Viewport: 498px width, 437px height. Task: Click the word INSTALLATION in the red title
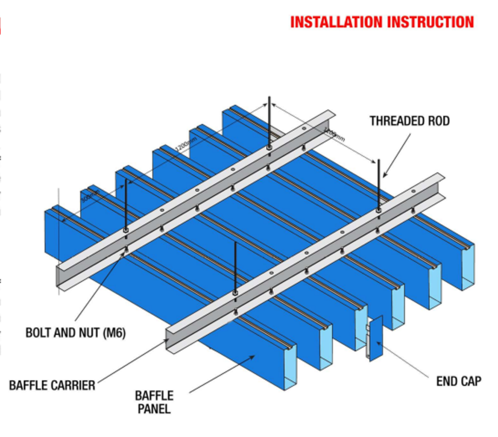[336, 22]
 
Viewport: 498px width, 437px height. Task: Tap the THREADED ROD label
[409, 121]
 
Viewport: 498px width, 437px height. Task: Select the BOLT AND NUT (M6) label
[75, 333]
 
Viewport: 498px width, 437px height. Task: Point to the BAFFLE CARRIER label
[52, 386]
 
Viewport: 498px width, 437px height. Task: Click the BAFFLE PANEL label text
[154, 402]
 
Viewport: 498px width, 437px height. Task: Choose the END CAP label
[458, 381]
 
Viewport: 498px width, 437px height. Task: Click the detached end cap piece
[375, 338]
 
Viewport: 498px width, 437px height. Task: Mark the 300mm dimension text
[90, 197]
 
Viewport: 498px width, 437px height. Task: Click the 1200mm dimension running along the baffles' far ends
[187, 144]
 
